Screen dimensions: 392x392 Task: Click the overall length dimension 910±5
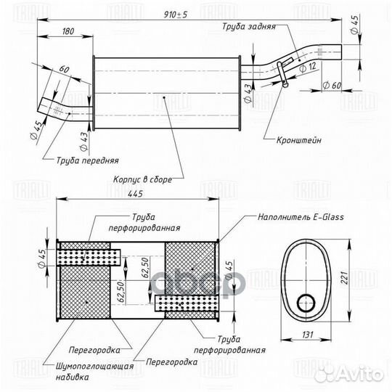(x=175, y=15)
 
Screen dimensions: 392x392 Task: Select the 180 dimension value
(x=68, y=31)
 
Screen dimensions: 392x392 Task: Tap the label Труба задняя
(x=249, y=27)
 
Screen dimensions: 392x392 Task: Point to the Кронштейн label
(x=299, y=140)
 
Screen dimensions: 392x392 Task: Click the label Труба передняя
(x=88, y=160)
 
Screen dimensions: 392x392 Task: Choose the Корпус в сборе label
(x=142, y=179)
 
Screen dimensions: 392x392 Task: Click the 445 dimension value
(x=135, y=194)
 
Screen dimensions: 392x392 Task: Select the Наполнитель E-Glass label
(x=301, y=217)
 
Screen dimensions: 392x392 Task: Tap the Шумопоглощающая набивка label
(x=94, y=372)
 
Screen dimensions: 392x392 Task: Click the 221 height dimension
(x=344, y=277)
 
